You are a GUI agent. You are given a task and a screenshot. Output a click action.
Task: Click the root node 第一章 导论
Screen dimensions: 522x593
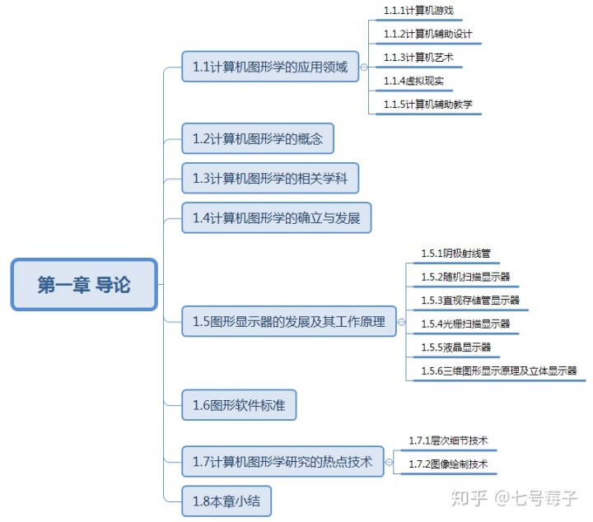click(84, 285)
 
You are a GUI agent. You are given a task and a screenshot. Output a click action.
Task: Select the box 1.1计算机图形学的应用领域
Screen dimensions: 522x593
click(270, 67)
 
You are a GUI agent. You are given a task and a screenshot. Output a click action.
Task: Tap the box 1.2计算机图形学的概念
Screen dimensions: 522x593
click(257, 138)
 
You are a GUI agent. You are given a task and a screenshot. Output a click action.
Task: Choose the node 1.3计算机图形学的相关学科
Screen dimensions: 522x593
click(270, 178)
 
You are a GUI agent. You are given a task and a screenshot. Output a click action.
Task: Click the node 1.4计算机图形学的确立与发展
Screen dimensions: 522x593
click(276, 217)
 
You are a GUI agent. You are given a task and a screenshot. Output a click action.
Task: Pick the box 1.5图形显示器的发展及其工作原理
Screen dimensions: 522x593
click(288, 322)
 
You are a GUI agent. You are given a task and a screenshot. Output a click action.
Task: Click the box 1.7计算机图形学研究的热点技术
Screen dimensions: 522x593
click(282, 462)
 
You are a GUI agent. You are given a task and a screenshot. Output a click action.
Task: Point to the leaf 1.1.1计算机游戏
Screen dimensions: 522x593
click(418, 12)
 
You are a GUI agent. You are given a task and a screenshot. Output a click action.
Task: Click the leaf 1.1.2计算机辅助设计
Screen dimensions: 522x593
click(427, 35)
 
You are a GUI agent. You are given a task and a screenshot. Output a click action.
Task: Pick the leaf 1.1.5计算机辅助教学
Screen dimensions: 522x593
click(427, 105)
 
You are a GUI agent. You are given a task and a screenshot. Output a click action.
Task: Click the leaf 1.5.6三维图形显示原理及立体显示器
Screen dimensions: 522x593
click(498, 371)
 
